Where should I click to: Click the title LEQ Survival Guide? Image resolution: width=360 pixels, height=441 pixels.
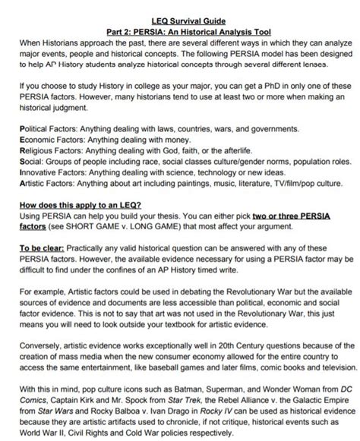pos(179,6)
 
